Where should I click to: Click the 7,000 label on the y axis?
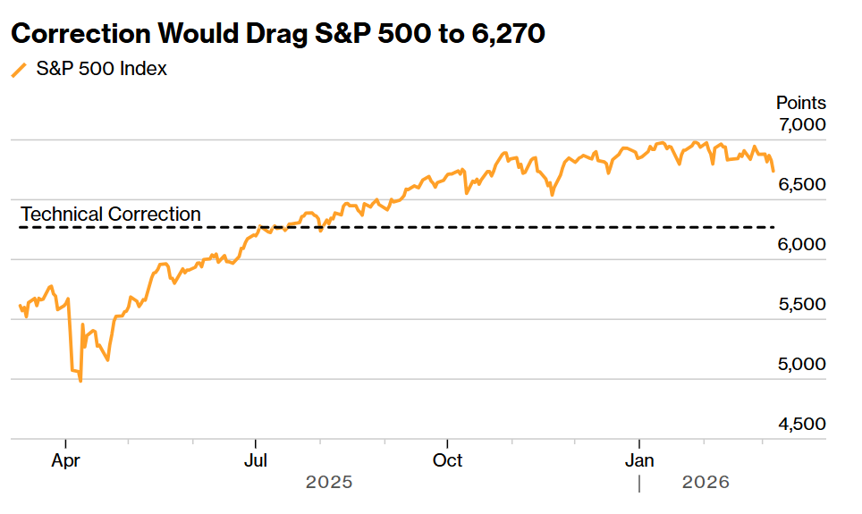[x=801, y=124]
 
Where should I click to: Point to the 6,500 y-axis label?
[x=801, y=184]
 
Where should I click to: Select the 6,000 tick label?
[x=801, y=244]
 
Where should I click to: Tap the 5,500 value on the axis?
[x=801, y=304]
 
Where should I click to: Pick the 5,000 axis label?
[x=801, y=364]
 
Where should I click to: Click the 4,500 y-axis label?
[x=801, y=424]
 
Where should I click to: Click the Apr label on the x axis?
[x=65, y=460]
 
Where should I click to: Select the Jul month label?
[x=256, y=460]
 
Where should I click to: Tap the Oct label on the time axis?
[x=447, y=460]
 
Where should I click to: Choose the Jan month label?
[x=639, y=460]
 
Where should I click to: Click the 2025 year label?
[x=329, y=483]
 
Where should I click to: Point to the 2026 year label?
[x=706, y=483]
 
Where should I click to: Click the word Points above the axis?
[x=800, y=103]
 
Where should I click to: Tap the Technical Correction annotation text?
[x=111, y=215]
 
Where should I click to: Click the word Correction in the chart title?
[x=81, y=34]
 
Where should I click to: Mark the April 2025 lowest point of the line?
[x=81, y=381]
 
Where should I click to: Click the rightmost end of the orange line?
[x=773, y=170]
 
